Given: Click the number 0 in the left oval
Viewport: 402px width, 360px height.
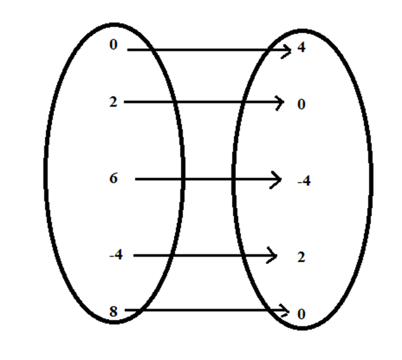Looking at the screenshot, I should click(x=113, y=45).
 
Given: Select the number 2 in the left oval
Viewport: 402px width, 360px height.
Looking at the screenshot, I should click(x=113, y=102).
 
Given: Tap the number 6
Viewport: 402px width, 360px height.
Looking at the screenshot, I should click(x=113, y=179).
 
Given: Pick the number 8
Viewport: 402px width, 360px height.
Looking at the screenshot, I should click(x=113, y=311).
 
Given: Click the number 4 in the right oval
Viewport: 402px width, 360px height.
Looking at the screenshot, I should click(x=301, y=48).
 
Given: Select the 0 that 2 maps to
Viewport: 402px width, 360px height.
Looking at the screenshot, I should click(x=301, y=105).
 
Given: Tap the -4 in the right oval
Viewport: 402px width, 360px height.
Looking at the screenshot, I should click(x=304, y=182).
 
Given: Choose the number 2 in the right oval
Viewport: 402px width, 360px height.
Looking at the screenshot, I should click(x=301, y=258).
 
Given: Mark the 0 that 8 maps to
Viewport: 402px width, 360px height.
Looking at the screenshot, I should click(x=301, y=314).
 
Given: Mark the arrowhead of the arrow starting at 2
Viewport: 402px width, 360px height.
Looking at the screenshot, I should click(x=279, y=102).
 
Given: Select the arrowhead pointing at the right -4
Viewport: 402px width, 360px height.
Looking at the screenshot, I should click(x=277, y=179).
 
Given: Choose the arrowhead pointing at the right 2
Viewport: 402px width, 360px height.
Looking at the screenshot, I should click(x=273, y=256).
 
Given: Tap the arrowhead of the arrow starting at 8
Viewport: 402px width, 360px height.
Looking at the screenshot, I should click(x=285, y=310).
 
